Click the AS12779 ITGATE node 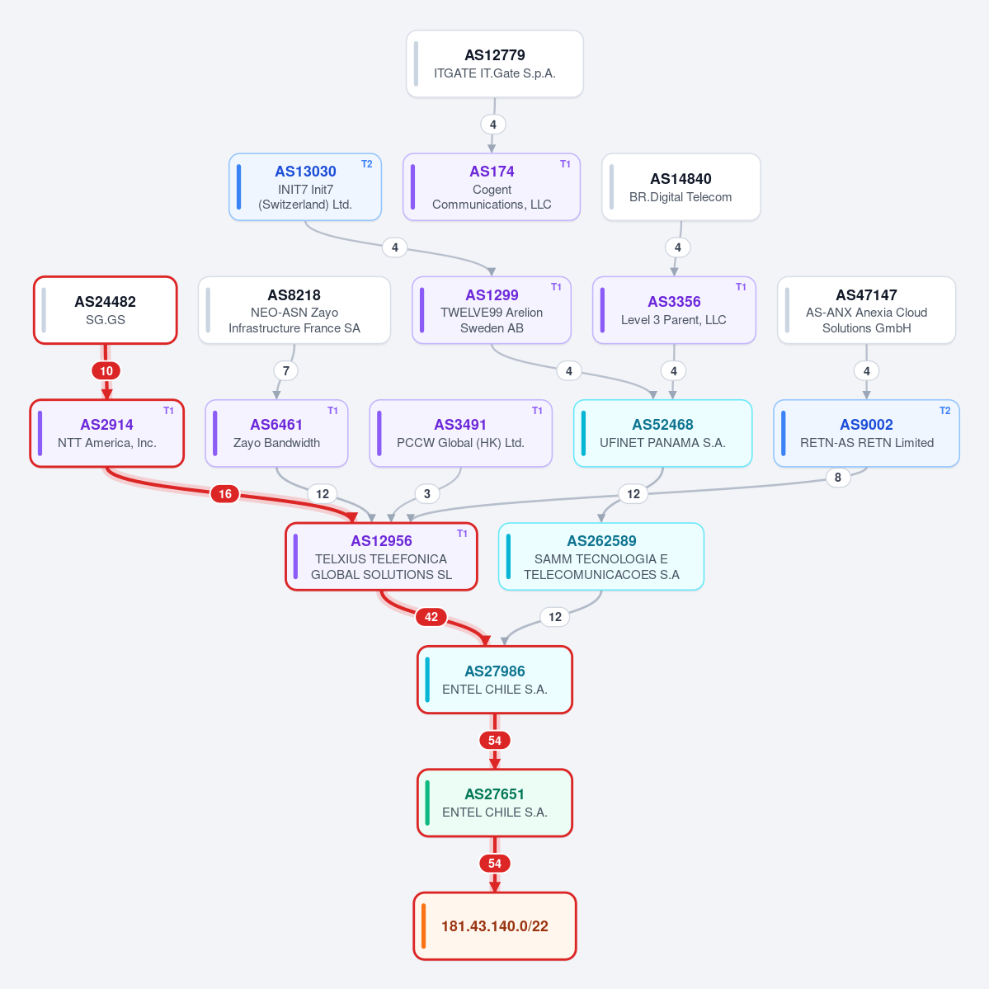tap(495, 64)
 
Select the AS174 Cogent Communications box tap(492, 186)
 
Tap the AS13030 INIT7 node tap(305, 186)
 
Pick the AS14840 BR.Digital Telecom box tap(681, 186)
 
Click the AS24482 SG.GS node tap(106, 310)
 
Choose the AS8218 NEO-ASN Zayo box tap(294, 310)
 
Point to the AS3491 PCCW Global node tap(460, 433)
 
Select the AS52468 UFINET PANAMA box tap(663, 433)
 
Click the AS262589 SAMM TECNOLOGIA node tap(601, 557)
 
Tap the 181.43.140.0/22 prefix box tap(495, 926)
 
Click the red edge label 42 tap(431, 617)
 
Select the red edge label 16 tap(225, 494)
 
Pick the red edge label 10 tap(106, 371)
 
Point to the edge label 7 tap(285, 371)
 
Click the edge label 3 tap(427, 494)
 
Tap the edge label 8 tap(837, 478)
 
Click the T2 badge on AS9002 tap(944, 411)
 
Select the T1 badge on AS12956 tap(463, 534)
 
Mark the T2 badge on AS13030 tap(366, 164)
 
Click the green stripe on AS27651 tap(427, 803)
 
